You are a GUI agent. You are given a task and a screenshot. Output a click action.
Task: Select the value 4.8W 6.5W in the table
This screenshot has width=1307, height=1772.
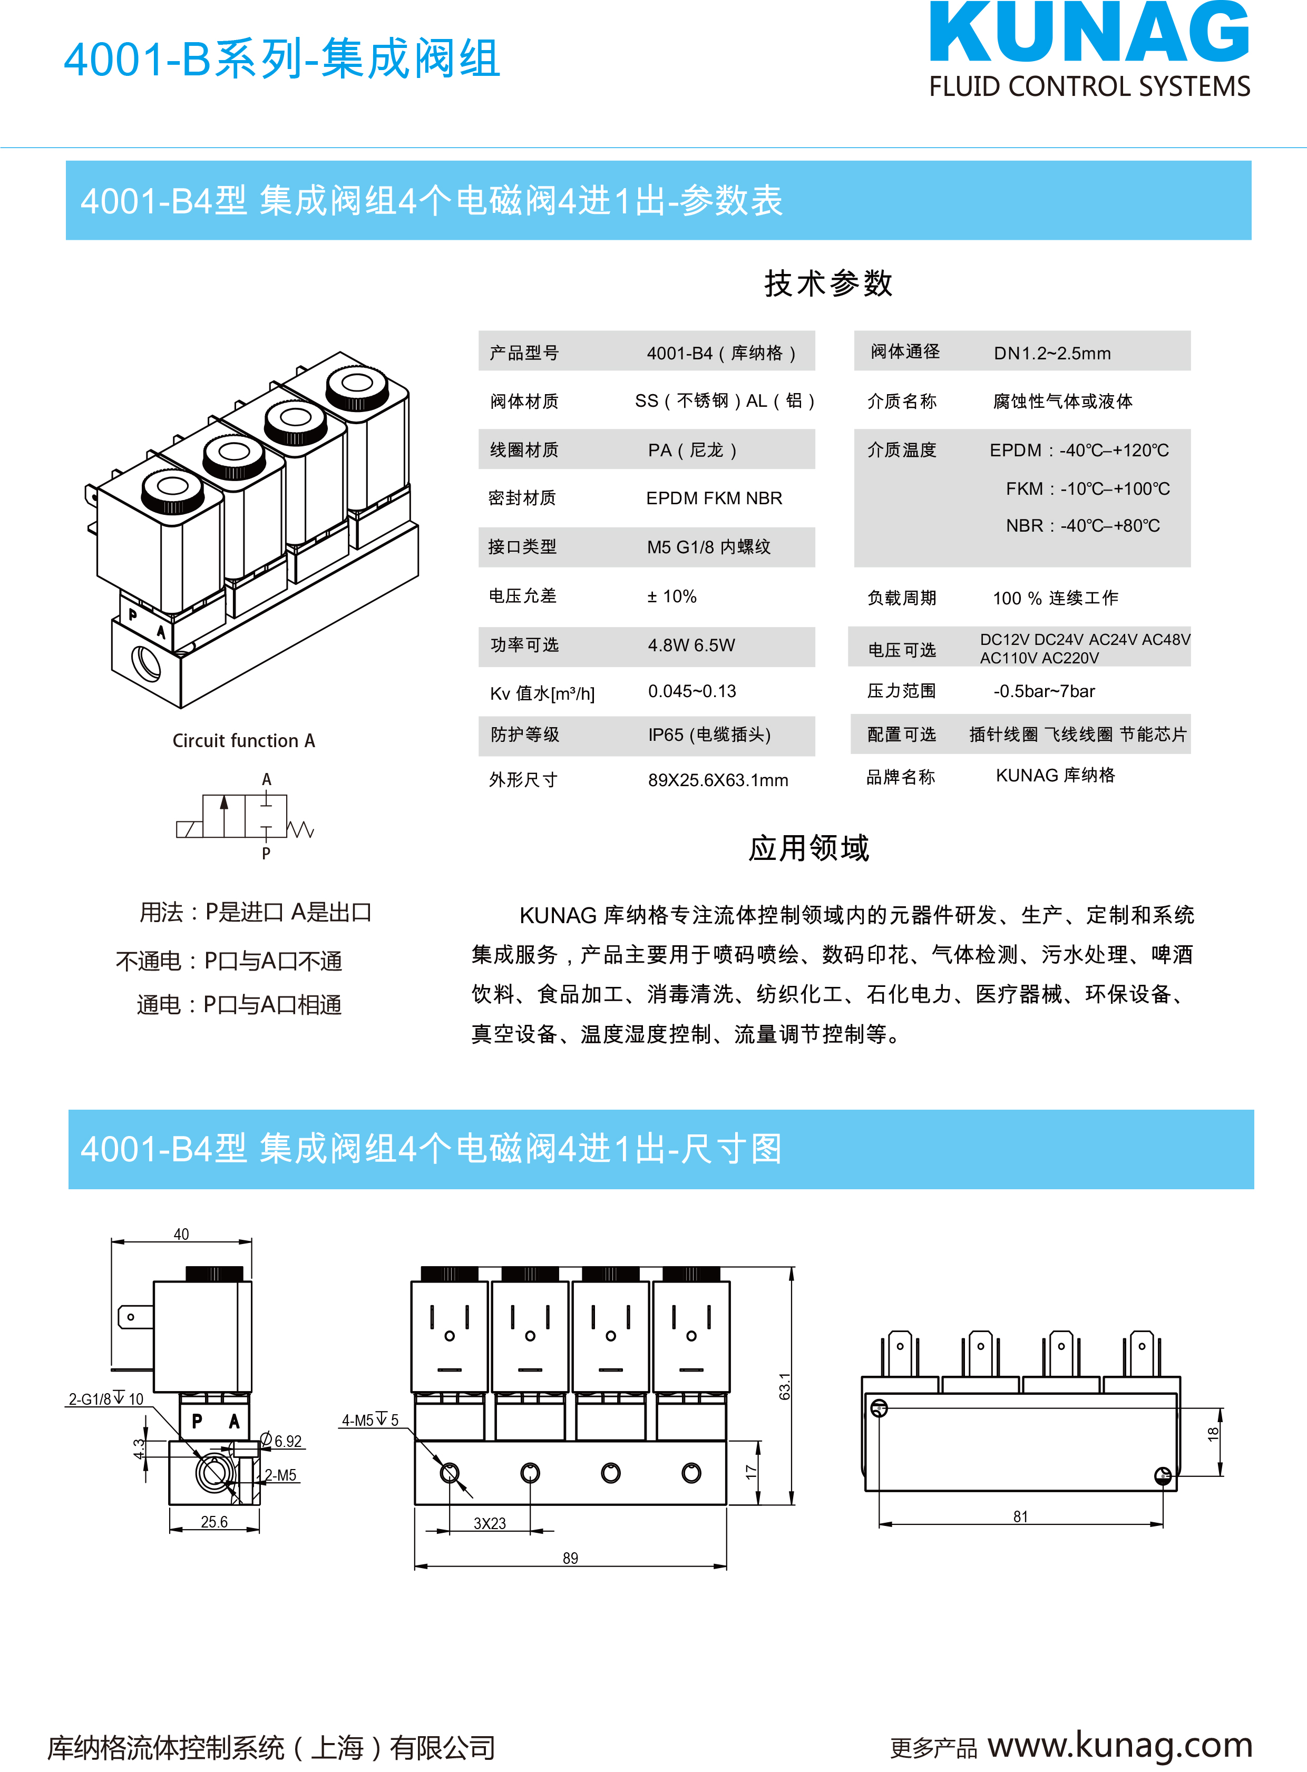pos(691,645)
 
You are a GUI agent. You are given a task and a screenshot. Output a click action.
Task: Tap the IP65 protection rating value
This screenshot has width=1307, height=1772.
pos(709,735)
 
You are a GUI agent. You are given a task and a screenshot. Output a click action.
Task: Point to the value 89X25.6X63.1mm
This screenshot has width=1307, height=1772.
pos(718,780)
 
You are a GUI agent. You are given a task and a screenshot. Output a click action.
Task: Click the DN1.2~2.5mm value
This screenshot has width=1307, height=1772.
pos(1052,354)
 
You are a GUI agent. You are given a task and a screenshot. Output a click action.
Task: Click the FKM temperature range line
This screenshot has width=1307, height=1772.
pos(1088,489)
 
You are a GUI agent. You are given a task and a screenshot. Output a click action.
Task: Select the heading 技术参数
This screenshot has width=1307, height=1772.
pos(828,283)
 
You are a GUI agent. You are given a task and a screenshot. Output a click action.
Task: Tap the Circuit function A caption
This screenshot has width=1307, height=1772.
pos(243,740)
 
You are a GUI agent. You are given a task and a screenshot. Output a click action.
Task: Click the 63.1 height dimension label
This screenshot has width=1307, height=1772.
pos(785,1386)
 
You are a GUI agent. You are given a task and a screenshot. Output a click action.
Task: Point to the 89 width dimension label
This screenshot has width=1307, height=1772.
pos(570,1558)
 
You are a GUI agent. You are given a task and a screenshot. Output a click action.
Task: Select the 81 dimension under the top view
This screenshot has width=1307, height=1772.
pos(1021,1516)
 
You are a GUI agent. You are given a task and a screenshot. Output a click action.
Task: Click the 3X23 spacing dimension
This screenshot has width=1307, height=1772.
pos(490,1523)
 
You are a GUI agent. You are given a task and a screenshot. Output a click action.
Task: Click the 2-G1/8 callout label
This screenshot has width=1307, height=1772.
pos(106,1398)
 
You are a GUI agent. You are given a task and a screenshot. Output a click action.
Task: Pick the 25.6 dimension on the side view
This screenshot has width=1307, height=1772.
pos(213,1521)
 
